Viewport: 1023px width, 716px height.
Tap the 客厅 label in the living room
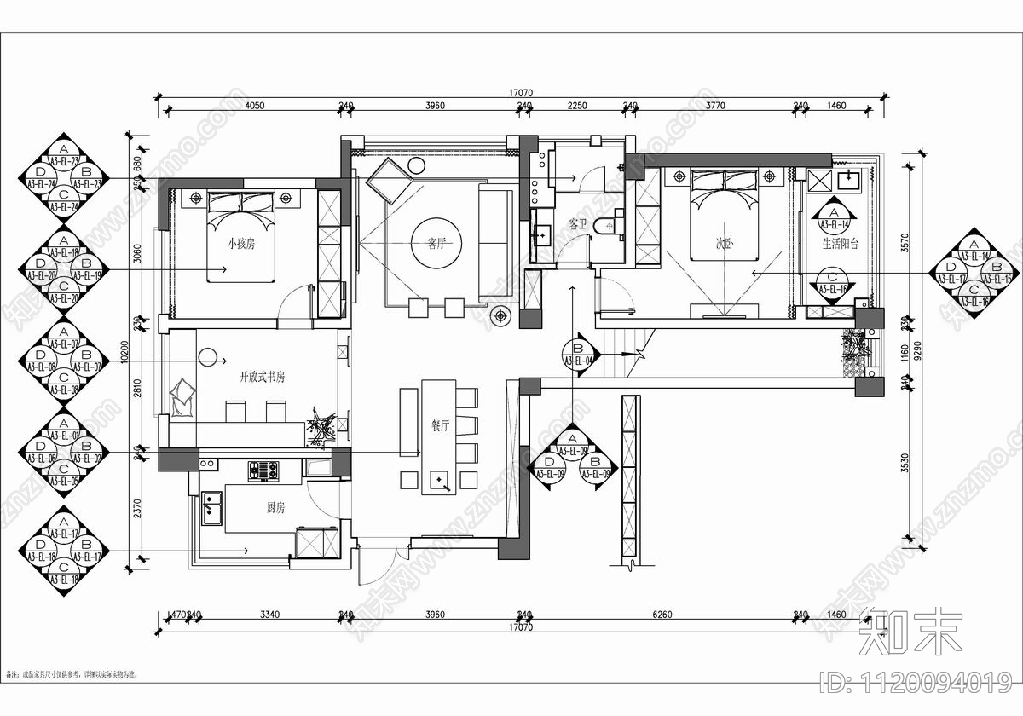436,243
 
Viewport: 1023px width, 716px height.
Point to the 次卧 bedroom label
725,243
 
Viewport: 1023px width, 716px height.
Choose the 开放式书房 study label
262,375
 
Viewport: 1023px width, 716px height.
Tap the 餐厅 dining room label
439,428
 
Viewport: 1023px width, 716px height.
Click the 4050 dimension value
254,106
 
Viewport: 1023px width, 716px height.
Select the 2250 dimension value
577,106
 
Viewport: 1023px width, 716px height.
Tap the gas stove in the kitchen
263,470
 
